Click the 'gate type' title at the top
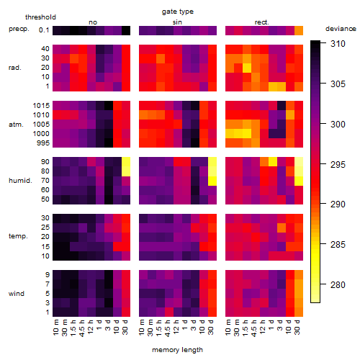[x=178, y=12]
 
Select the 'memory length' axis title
[x=177, y=350]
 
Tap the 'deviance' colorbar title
[x=341, y=29]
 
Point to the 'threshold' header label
[x=40, y=17]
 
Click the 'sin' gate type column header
[x=177, y=22]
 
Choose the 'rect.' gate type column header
[x=261, y=22]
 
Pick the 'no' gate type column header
[x=93, y=22]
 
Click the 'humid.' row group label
[x=20, y=181]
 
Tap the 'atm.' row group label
[x=16, y=125]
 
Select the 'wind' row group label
[x=17, y=294]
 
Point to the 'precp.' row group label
[x=19, y=29]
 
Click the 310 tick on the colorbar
[x=338, y=44]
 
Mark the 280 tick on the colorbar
[x=338, y=285]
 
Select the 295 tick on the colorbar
[x=338, y=164]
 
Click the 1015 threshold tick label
[x=41, y=106]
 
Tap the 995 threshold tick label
[x=43, y=143]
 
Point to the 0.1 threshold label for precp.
[x=44, y=30]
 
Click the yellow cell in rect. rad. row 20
[x=247, y=68]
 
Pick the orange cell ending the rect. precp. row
[x=299, y=30]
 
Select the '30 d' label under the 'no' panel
[x=125, y=327]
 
